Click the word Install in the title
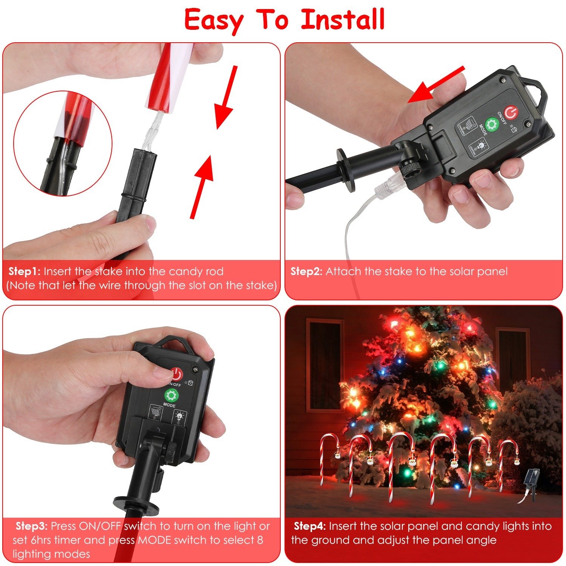(x=343, y=20)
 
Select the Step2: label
(x=306, y=271)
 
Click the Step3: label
(x=31, y=526)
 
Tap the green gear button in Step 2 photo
(x=491, y=125)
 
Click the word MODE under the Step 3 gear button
(x=169, y=405)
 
